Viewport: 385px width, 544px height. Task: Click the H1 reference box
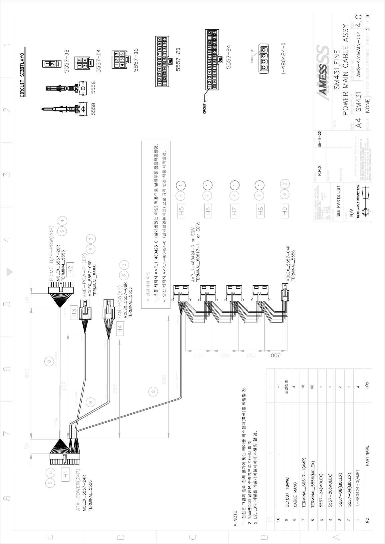[66, 472]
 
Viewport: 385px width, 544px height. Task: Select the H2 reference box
[70, 269]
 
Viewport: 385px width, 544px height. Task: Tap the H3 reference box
[75, 313]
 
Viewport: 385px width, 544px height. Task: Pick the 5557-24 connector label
[228, 57]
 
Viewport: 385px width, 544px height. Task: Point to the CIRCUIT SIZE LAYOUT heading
[22, 75]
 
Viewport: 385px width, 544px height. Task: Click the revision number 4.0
[358, 22]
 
